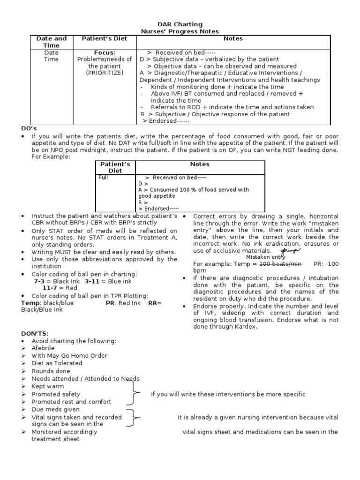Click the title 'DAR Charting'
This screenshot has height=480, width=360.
coord(180,24)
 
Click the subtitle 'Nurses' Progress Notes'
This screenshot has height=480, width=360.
coord(180,31)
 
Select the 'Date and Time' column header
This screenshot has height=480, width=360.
coord(52,42)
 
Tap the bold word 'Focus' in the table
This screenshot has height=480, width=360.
coord(104,52)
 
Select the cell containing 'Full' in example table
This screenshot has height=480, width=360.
coord(103,178)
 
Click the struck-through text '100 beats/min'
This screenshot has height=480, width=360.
coord(280,264)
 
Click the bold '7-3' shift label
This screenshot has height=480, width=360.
coord(39,281)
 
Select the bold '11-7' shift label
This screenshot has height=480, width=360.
coord(50,288)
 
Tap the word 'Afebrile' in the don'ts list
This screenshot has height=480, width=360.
coord(43,348)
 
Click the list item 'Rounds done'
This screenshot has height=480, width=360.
coord(50,371)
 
